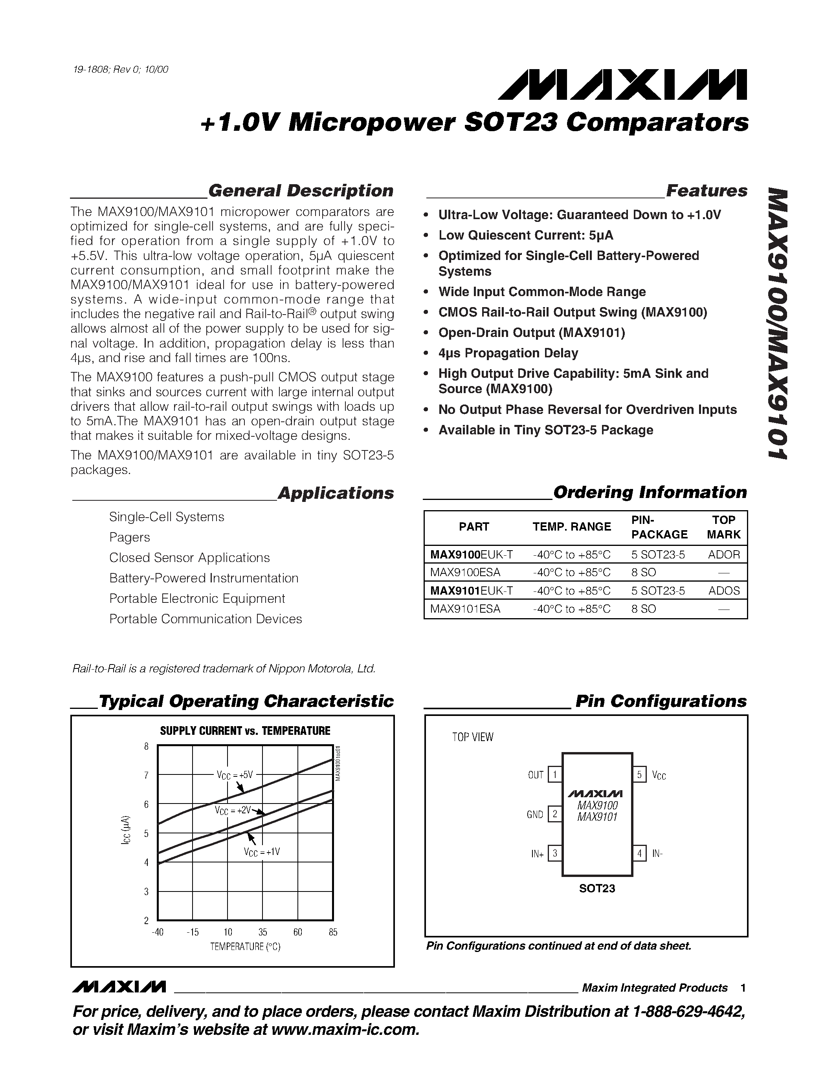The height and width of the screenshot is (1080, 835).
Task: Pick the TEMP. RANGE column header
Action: click(x=571, y=527)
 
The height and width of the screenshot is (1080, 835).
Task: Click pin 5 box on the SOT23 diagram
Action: click(x=639, y=774)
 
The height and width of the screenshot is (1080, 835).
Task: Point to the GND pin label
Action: click(x=535, y=815)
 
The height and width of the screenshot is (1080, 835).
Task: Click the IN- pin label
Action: click(x=657, y=853)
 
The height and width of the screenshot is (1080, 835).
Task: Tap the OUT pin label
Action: click(x=536, y=775)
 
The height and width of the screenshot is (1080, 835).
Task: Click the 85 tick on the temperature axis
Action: click(x=333, y=932)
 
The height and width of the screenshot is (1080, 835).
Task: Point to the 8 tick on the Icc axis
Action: click(x=147, y=747)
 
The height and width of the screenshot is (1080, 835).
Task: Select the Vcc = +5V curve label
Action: click(x=235, y=775)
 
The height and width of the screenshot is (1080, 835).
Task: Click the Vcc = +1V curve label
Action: click(x=262, y=852)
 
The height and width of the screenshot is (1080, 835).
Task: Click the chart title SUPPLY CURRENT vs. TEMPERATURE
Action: click(x=245, y=731)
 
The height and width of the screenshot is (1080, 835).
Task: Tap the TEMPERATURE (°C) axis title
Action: click(x=245, y=947)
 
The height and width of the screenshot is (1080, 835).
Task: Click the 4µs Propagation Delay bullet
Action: click(x=508, y=353)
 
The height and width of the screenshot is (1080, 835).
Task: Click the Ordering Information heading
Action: click(x=650, y=492)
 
